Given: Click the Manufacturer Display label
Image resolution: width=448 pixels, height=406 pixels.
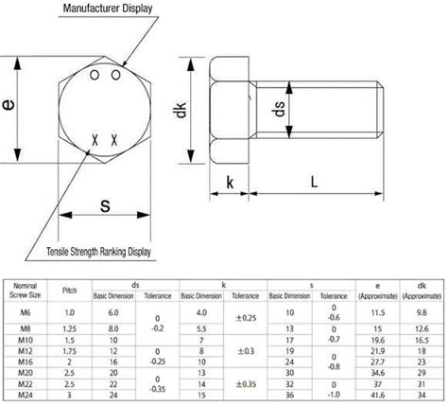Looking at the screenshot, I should (x=108, y=8).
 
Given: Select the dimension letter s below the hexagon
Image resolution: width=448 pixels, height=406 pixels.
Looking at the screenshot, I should (x=105, y=205).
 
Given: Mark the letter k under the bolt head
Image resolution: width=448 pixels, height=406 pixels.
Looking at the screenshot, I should (x=230, y=183).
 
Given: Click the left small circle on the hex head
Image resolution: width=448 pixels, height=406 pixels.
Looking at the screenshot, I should (x=94, y=74).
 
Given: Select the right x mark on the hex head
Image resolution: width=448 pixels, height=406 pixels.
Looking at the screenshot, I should (x=114, y=140).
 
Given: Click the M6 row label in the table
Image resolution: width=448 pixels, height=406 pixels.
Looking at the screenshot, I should (x=28, y=311).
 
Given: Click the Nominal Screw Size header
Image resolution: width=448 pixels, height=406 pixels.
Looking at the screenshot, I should (x=28, y=288).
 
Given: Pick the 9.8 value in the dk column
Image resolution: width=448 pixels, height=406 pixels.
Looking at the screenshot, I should (x=422, y=311).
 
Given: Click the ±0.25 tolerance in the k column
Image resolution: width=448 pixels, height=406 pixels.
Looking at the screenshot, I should (x=246, y=317).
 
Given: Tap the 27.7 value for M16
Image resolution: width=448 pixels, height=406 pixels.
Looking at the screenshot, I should (x=376, y=362).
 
